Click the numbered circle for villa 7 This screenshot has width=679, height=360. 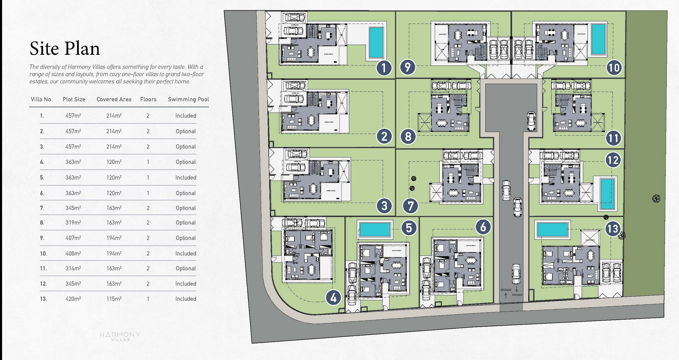411,206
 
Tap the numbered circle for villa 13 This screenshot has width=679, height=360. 613,229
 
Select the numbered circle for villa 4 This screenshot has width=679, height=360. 333,297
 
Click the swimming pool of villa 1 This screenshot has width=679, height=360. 376,42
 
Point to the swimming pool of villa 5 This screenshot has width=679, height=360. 375,229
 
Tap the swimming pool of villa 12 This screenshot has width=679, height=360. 606,194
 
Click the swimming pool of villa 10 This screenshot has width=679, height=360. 598,39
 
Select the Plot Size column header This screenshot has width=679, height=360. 74,100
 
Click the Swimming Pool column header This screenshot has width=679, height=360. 188,100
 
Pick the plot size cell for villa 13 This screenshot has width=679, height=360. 73,299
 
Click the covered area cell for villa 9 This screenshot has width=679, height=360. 114,238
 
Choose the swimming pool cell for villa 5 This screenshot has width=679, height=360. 185,178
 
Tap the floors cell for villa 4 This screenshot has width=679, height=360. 148,162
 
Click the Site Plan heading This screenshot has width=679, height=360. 65,49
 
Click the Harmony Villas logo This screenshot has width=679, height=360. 120,336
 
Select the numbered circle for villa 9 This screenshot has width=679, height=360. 408,67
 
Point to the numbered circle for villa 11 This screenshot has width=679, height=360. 613,138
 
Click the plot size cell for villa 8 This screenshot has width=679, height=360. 73,223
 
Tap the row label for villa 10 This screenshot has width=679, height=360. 44,253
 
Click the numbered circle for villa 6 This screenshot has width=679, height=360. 483,227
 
